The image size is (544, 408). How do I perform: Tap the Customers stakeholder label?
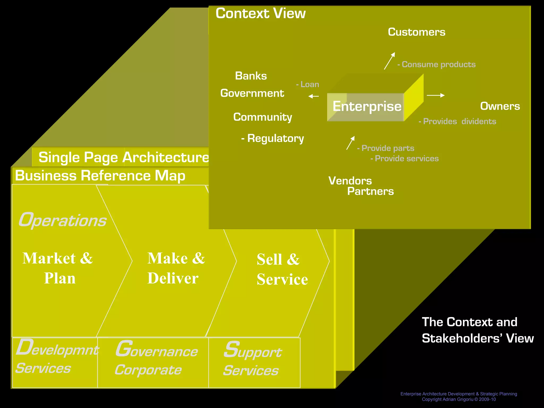[x=416, y=32]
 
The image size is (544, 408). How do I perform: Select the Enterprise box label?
[x=367, y=106]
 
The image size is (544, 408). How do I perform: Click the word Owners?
[x=500, y=106]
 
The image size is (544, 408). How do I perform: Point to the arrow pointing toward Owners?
[x=436, y=95]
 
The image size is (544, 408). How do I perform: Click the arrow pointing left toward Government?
[x=313, y=96]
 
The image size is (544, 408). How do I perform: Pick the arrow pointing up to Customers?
[x=389, y=61]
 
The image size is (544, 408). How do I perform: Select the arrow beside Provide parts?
[x=350, y=143]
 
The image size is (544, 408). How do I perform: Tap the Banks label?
[x=251, y=76]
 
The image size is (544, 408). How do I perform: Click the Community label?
[x=262, y=117]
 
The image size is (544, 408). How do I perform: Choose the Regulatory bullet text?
[x=273, y=138]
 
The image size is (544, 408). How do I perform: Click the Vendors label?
[x=350, y=181]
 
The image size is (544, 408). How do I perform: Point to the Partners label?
[x=370, y=191]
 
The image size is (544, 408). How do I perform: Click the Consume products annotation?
[x=436, y=65]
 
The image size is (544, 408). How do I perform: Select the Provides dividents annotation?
[x=457, y=121]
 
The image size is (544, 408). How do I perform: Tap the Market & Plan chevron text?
[x=58, y=268]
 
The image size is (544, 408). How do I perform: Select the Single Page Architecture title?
[x=123, y=157]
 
